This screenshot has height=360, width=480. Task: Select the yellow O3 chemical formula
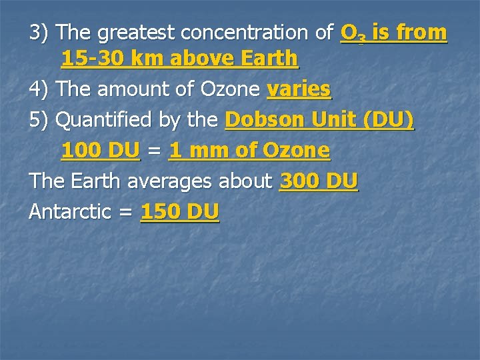click(x=352, y=33)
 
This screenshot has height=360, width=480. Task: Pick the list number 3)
click(x=41, y=33)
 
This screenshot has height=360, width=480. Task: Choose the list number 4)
click(x=41, y=89)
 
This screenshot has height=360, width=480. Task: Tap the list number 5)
click(x=41, y=120)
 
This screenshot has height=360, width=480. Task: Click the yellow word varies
click(x=299, y=89)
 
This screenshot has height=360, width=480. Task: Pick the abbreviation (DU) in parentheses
click(x=390, y=120)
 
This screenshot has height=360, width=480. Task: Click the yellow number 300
click(x=298, y=181)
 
